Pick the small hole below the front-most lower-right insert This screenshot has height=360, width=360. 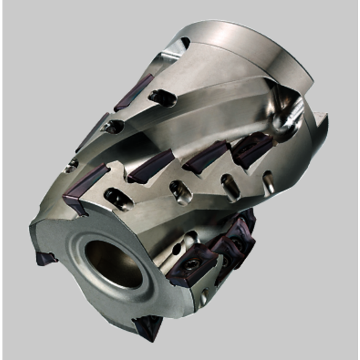click(203, 299)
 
